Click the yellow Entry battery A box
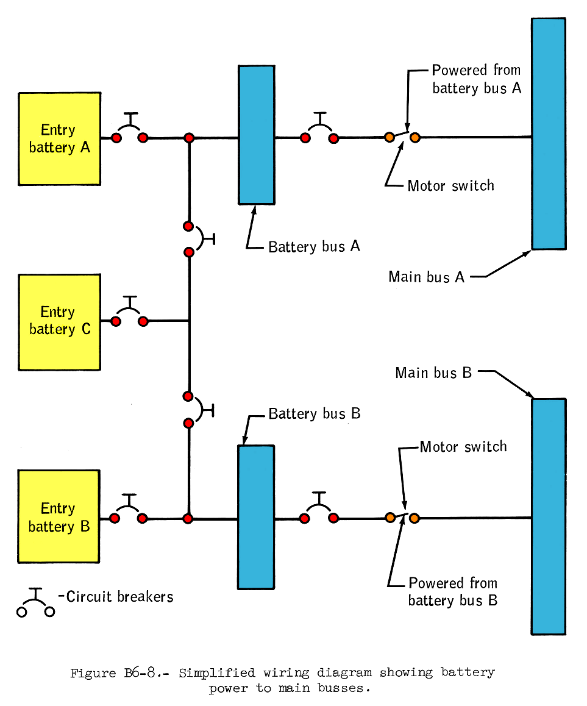click(x=59, y=138)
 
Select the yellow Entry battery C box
click(x=59, y=321)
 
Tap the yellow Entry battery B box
click(x=59, y=517)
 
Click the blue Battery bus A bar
click(x=256, y=135)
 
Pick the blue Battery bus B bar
click(x=255, y=516)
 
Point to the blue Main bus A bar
click(x=548, y=134)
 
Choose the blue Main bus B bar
click(x=548, y=516)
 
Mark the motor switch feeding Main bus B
click(x=402, y=518)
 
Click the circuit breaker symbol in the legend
click(x=36, y=604)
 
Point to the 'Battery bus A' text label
click(x=314, y=246)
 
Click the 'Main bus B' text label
click(x=433, y=373)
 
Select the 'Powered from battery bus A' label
click(x=477, y=79)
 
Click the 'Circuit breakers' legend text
click(x=119, y=596)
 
